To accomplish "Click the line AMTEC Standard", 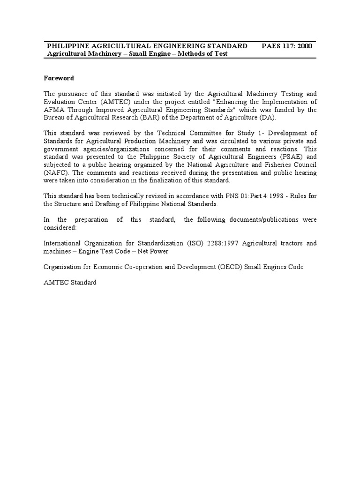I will click(x=70, y=283).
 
